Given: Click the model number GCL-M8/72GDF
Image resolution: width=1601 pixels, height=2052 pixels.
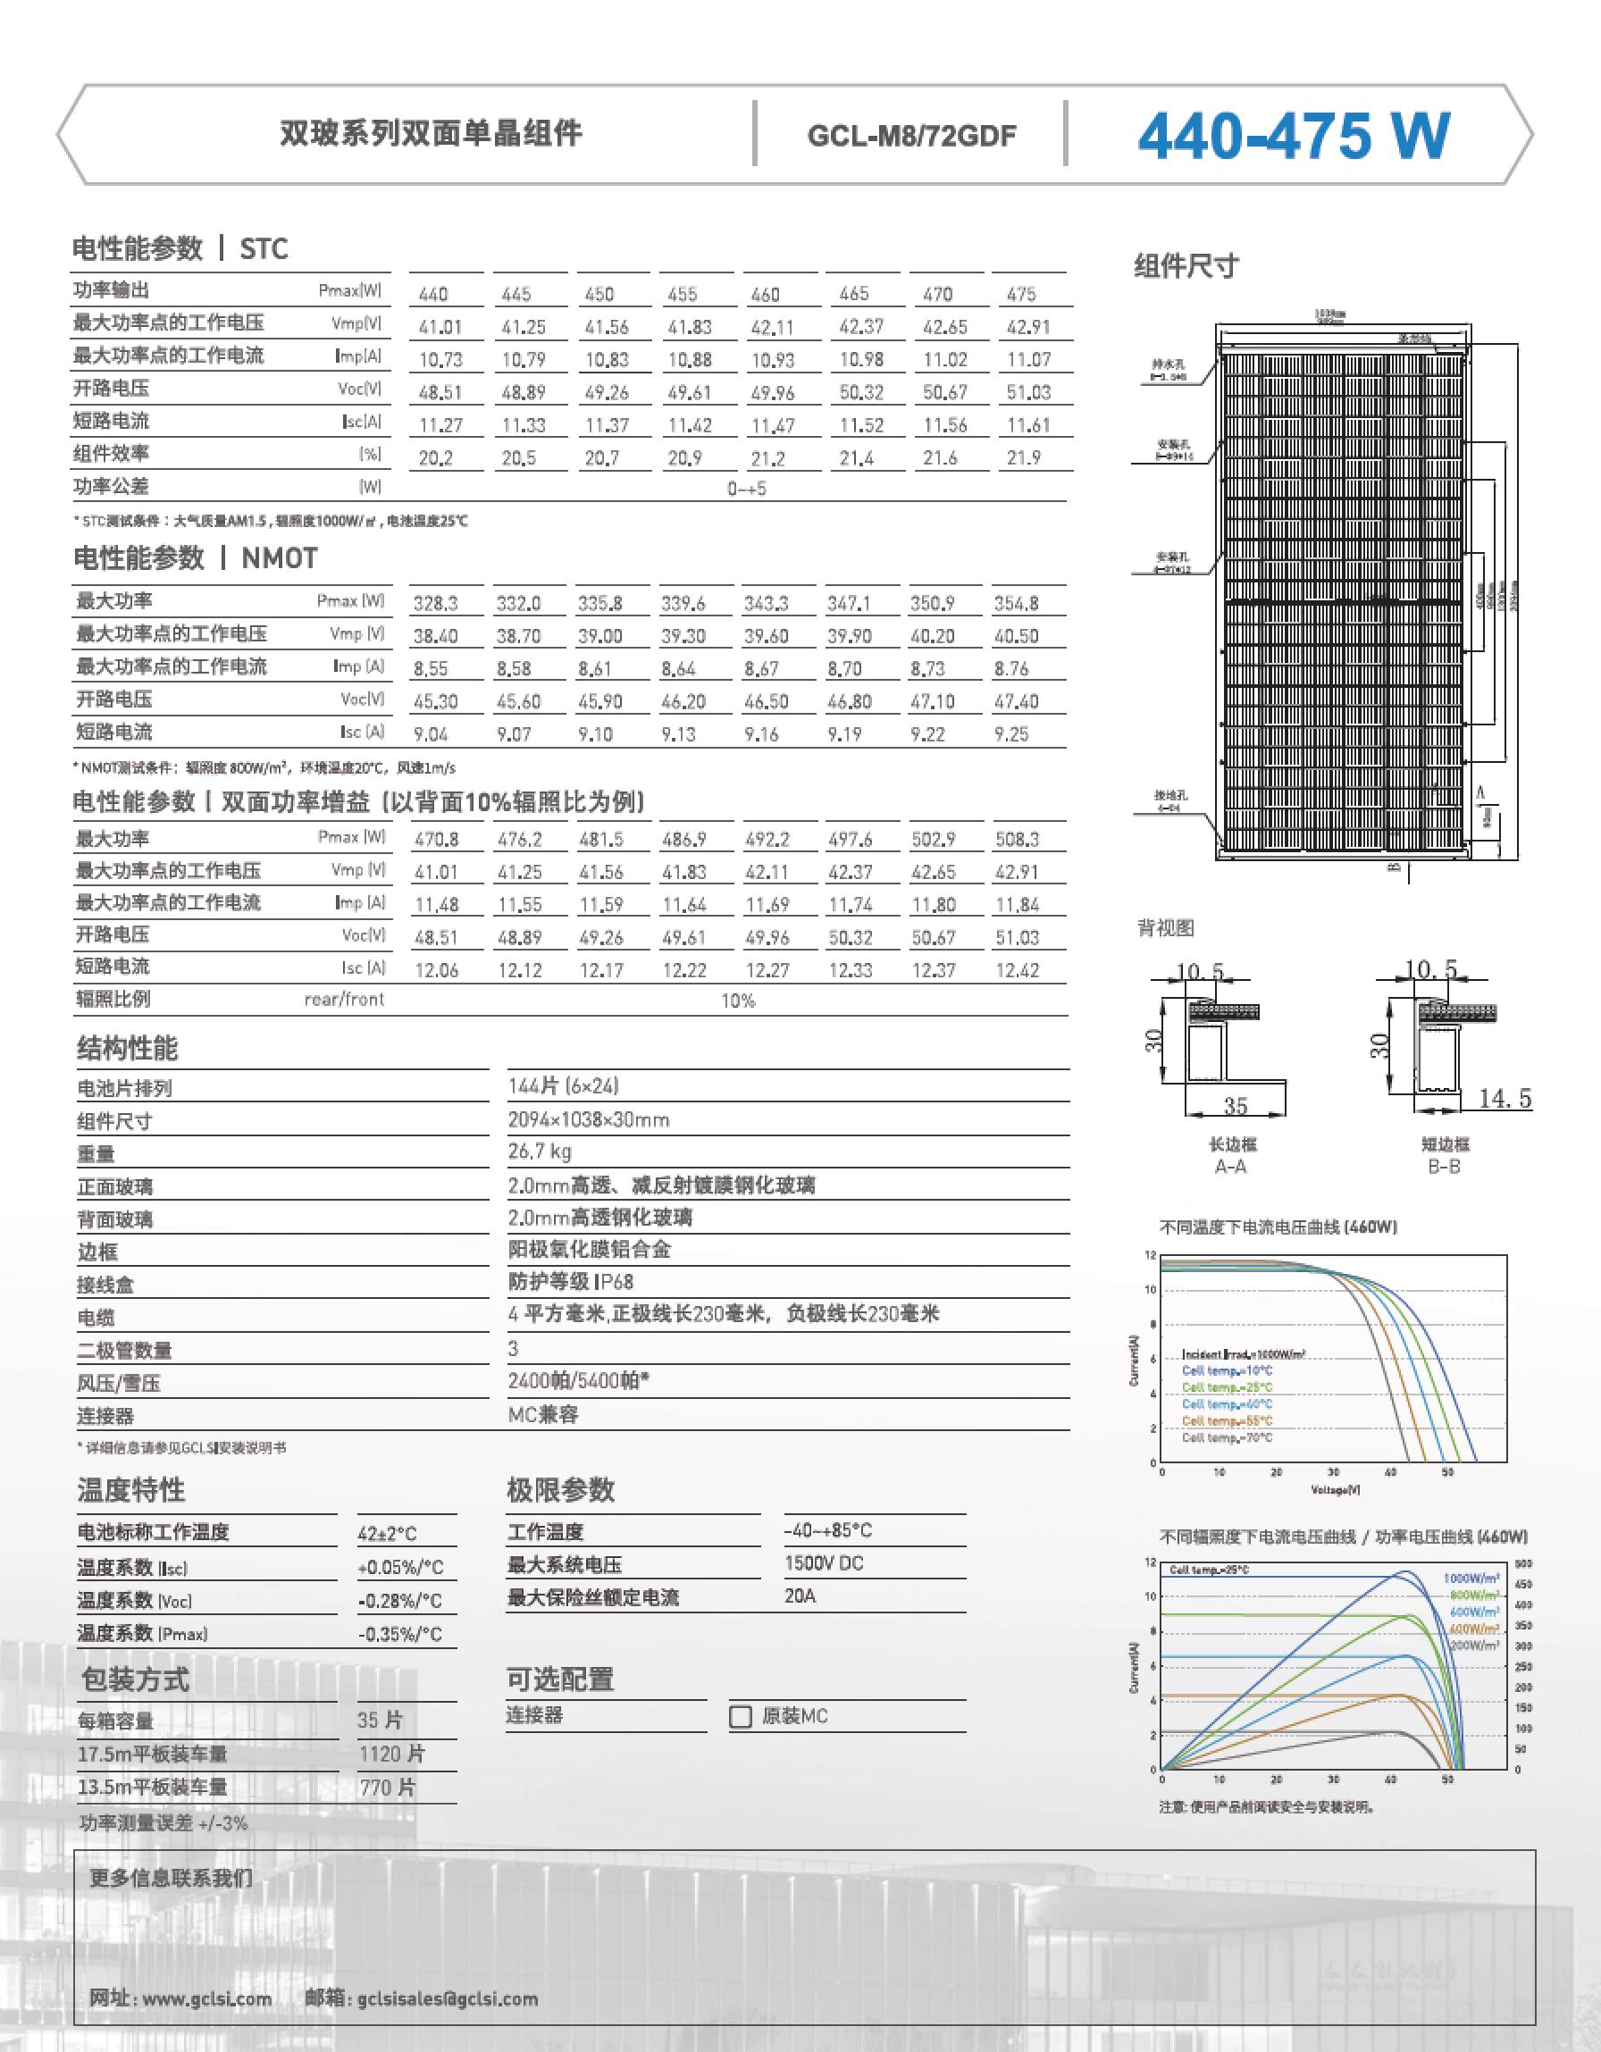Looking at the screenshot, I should [x=910, y=137].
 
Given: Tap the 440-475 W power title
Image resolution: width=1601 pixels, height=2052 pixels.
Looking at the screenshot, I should [x=1293, y=137].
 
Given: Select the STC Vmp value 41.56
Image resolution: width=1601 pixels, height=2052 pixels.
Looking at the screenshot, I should [x=606, y=327].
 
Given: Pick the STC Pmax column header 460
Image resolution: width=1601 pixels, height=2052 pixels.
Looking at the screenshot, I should [x=765, y=294].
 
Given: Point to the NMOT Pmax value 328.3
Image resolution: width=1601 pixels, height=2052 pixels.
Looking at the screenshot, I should [x=435, y=603].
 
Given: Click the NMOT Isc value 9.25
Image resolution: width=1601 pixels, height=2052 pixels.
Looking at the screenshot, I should [x=1011, y=733].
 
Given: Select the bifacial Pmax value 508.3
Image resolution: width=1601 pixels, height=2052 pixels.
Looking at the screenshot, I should [x=1017, y=839].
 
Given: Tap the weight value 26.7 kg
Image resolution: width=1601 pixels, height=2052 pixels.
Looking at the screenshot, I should [x=540, y=1152].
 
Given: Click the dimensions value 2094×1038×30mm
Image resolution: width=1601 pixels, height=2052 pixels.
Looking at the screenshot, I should [x=588, y=1120].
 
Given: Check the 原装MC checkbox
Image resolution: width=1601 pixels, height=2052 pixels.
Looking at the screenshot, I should [x=741, y=1717].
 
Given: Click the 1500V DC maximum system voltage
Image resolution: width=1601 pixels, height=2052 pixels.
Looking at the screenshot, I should [x=823, y=1563].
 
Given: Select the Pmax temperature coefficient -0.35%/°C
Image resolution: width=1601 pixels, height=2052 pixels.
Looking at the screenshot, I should [x=399, y=1634].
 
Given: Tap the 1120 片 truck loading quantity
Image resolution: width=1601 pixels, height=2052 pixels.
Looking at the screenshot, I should [x=392, y=1754].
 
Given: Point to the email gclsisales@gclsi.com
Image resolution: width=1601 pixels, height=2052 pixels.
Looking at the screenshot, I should [x=448, y=1998].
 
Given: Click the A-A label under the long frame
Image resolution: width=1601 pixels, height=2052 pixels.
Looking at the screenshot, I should [x=1231, y=1166].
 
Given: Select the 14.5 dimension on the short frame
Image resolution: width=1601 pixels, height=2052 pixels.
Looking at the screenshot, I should [x=1505, y=1098].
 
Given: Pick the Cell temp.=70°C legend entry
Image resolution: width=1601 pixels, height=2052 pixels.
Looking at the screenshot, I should [x=1227, y=1437].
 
